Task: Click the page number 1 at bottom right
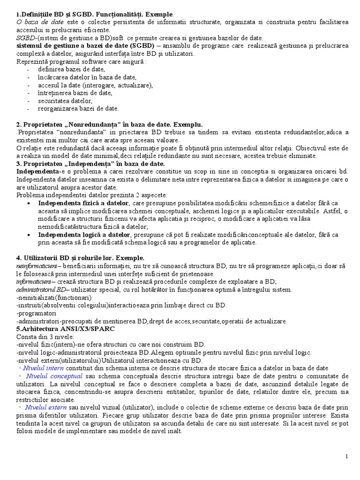pyautogui.click(x=346, y=457)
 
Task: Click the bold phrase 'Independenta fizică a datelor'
pyautogui.click(x=83, y=203)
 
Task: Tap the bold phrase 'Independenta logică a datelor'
pyautogui.click(x=85, y=234)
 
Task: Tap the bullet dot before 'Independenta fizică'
pyautogui.click(x=30, y=203)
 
